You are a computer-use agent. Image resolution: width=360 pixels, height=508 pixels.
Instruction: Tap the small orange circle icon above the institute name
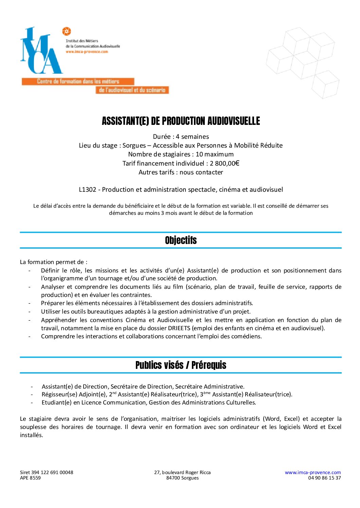pyautogui.click(x=66, y=32)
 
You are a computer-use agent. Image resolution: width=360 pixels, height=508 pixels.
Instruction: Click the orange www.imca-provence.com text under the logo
pyautogui.click(x=87, y=52)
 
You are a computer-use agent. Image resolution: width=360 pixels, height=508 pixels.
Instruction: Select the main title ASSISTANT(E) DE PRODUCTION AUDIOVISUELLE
pyautogui.click(x=181, y=121)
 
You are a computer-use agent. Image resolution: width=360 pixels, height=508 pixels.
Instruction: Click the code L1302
pyautogui.click(x=87, y=190)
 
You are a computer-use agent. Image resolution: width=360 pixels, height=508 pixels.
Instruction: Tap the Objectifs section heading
pyautogui.click(x=181, y=240)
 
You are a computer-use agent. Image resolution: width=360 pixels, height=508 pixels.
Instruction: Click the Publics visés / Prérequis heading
pyautogui.click(x=181, y=365)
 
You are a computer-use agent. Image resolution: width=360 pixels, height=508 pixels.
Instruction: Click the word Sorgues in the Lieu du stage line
pyautogui.click(x=134, y=146)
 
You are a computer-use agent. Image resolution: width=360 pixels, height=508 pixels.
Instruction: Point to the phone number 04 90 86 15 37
pyautogui.click(x=324, y=478)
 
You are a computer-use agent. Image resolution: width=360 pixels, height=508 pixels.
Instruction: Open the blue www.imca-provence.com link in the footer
pyautogui.click(x=312, y=472)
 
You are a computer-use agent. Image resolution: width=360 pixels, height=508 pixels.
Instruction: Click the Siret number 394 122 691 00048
pyautogui.click(x=52, y=472)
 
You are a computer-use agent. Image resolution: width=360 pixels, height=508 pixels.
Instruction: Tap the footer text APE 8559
pyautogui.click(x=30, y=478)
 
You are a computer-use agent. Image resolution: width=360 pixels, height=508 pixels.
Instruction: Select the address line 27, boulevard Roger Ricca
pyautogui.click(x=182, y=472)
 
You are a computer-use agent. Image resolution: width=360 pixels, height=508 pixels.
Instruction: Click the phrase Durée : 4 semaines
pyautogui.click(x=181, y=137)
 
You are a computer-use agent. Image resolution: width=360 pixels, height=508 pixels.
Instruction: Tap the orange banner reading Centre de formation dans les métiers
pyautogui.click(x=78, y=81)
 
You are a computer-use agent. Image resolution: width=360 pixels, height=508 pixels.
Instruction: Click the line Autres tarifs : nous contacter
pyautogui.click(x=181, y=172)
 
